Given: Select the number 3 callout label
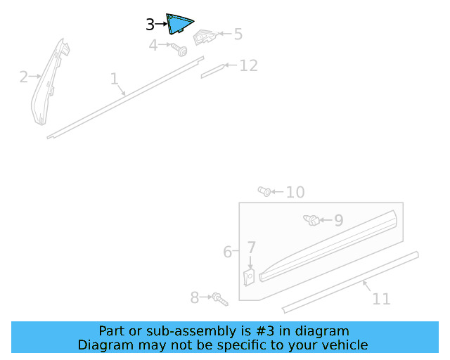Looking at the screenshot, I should (x=150, y=25).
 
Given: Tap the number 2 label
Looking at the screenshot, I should (x=23, y=77).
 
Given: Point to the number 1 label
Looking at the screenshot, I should (x=114, y=79).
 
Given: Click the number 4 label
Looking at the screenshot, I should (x=153, y=46).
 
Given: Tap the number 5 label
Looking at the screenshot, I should (x=238, y=34).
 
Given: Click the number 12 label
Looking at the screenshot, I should (x=248, y=65).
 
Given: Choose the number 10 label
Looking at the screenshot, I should (x=295, y=192).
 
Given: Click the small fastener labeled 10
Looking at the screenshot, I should (x=264, y=191).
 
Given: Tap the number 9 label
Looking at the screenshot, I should (x=338, y=221).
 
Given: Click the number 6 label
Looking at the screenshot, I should (x=228, y=252).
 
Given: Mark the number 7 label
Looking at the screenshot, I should (x=251, y=247).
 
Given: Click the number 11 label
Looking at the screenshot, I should (x=381, y=299).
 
